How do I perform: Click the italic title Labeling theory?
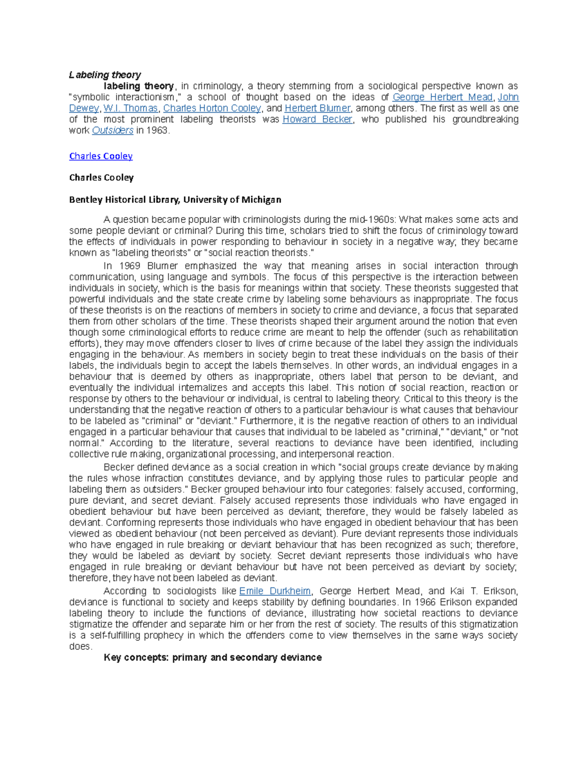click(105, 75)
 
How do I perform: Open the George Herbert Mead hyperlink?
click(442, 97)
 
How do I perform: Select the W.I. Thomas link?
click(130, 108)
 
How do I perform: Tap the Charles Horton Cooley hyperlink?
click(212, 108)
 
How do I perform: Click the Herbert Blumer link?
click(318, 108)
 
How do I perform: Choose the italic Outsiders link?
click(113, 130)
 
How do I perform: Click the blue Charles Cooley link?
click(101, 156)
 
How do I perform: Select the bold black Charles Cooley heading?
click(101, 177)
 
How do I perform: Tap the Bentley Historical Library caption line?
click(175, 199)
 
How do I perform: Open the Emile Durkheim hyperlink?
click(275, 591)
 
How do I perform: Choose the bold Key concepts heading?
click(213, 658)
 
